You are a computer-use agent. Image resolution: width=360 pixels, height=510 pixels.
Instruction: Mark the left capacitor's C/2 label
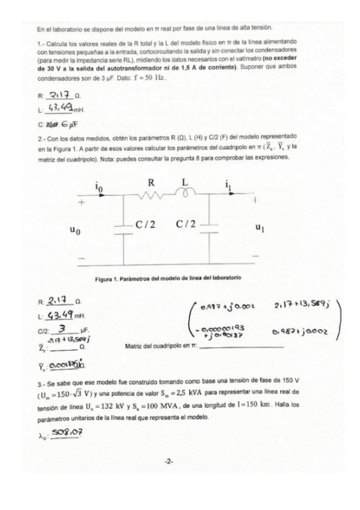pos(145,225)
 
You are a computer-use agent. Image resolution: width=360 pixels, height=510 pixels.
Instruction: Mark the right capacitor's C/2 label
pos(187,225)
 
